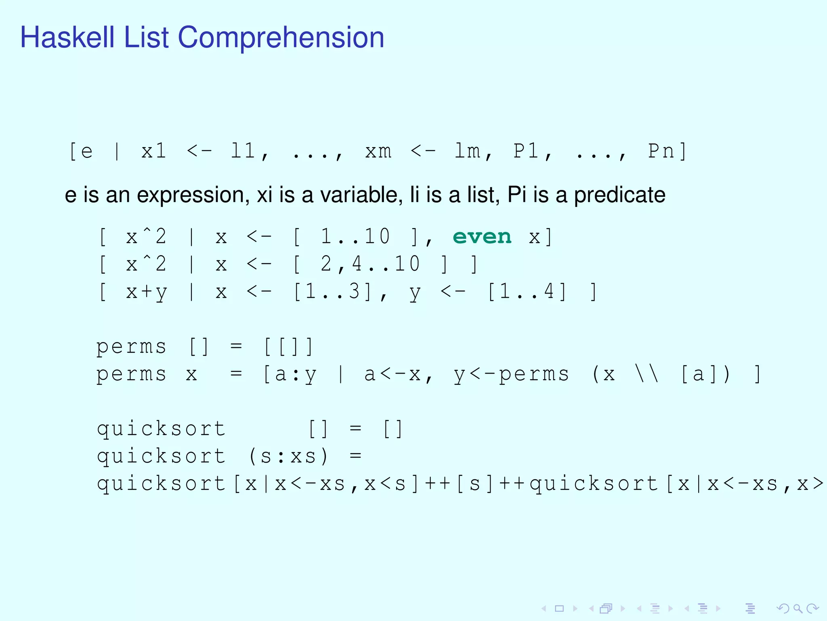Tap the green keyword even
click(482, 237)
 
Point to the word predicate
click(619, 195)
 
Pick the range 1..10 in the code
click(355, 237)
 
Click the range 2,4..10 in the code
click(370, 264)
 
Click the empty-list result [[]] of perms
click(288, 347)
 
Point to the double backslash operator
click(647, 374)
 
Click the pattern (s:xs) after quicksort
click(288, 456)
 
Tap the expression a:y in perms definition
click(296, 374)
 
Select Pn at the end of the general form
click(661, 152)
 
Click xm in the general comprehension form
click(378, 152)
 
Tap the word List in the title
click(146, 37)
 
